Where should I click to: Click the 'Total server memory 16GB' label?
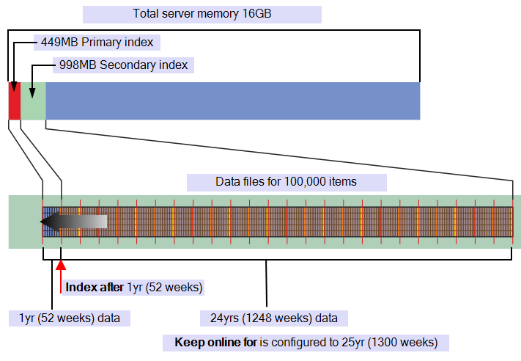tap(202, 15)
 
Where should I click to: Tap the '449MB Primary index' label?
tap(97, 42)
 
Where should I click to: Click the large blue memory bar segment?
tap(233, 101)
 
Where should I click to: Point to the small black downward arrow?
tap(32, 91)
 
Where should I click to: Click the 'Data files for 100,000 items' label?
tap(286, 182)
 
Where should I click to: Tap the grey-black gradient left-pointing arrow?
tap(73, 222)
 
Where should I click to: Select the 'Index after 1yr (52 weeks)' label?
tap(133, 287)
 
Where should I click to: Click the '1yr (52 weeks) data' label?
tap(70, 318)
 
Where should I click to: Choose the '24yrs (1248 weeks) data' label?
tap(274, 318)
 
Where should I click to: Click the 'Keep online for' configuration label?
tap(306, 343)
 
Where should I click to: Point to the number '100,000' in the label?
tap(300, 182)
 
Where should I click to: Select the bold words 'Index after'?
tap(95, 287)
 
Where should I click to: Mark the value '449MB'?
tap(55, 42)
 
